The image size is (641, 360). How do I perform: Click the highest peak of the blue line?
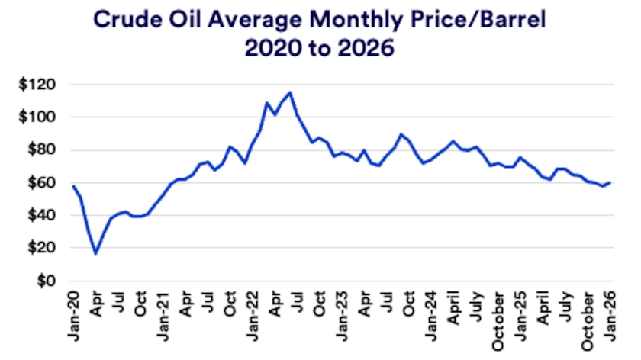pyautogui.click(x=290, y=92)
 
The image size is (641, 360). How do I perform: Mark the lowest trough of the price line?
pyautogui.click(x=95, y=253)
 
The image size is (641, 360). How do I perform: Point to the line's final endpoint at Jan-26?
pyautogui.click(x=611, y=182)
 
